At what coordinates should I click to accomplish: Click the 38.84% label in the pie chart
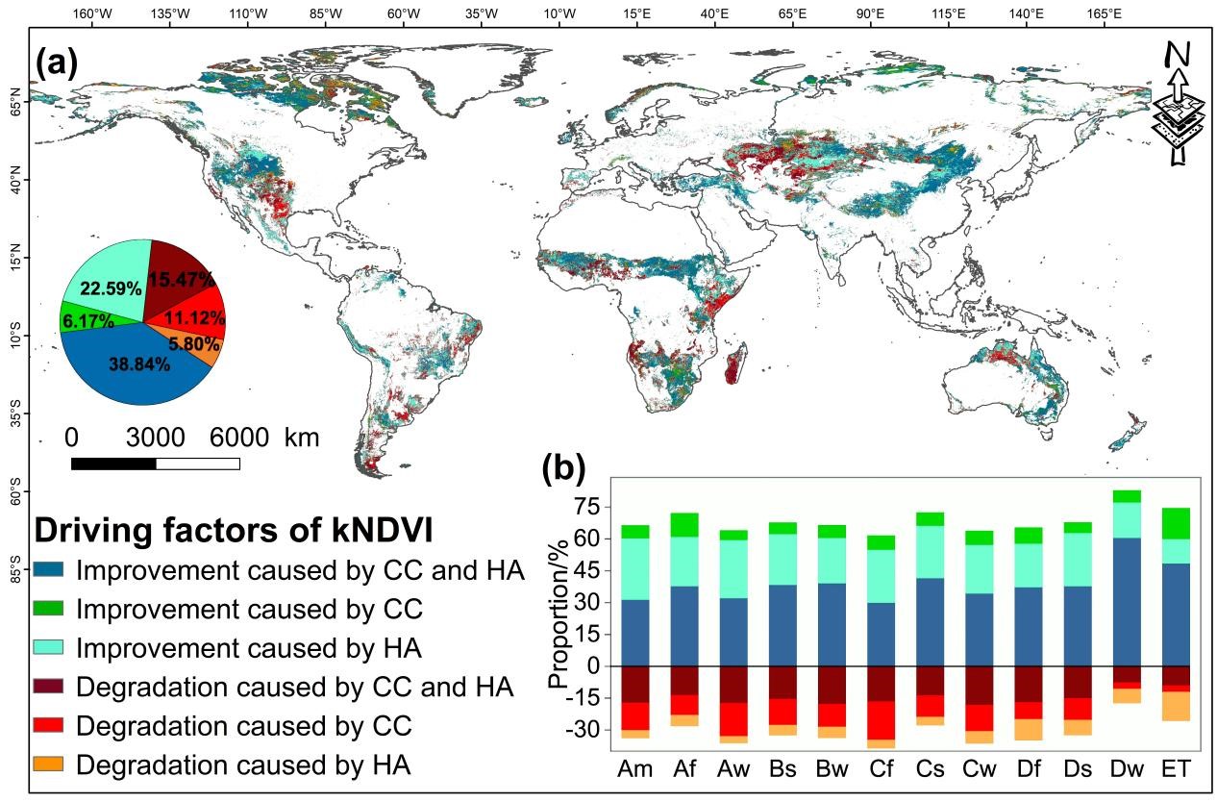click(138, 364)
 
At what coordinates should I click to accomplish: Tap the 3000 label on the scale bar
click(156, 438)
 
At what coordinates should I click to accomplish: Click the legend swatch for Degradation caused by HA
click(51, 764)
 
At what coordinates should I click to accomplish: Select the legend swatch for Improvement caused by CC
click(51, 610)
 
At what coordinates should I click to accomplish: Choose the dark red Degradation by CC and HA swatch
click(51, 687)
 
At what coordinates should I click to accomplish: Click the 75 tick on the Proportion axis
click(585, 507)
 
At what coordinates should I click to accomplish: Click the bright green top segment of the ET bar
click(1176, 522)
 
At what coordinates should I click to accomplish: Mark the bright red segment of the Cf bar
click(881, 720)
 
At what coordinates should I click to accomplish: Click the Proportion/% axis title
click(558, 625)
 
